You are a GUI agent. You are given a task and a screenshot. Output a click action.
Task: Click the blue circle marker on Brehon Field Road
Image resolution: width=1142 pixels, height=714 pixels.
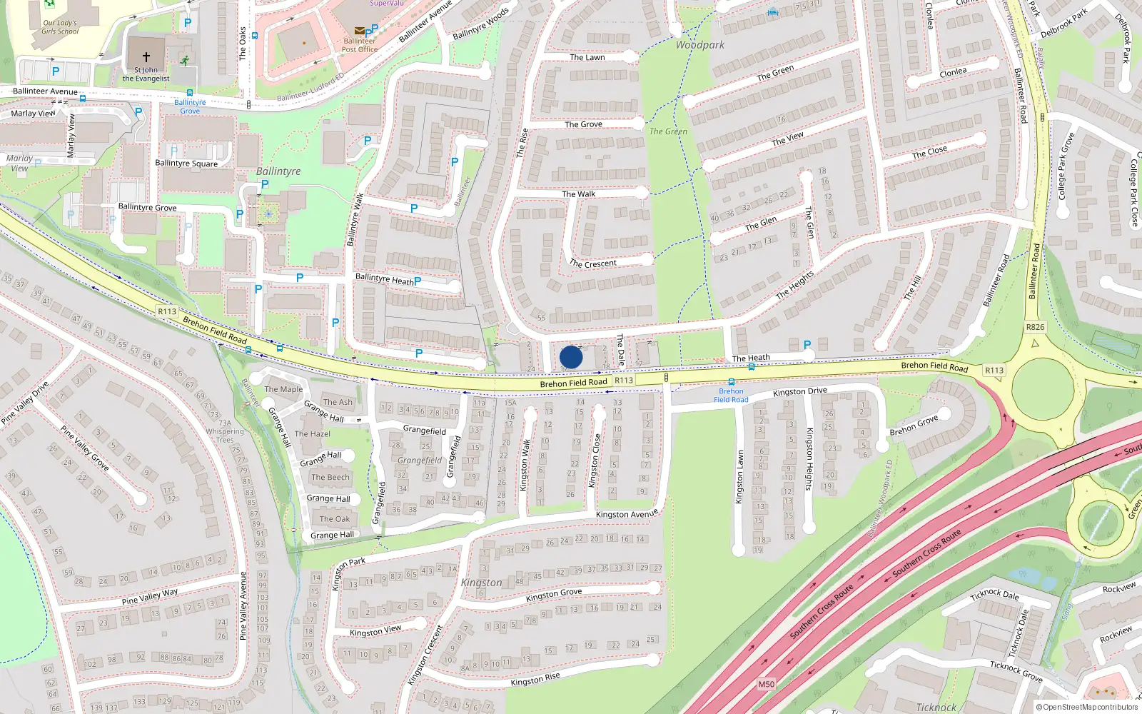571,357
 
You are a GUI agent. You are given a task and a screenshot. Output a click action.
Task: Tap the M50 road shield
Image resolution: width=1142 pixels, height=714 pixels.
766,684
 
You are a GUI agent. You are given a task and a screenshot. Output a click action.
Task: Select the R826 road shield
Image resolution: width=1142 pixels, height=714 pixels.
1035,327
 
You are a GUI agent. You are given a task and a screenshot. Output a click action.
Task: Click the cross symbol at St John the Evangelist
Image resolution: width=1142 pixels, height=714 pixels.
146,56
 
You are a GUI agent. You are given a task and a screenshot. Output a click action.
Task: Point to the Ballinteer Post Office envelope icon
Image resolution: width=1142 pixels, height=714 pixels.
359,31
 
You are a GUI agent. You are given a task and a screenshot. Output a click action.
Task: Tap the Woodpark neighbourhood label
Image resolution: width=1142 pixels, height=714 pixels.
700,45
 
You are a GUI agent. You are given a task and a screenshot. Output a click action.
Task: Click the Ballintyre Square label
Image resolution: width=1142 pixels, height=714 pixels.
186,164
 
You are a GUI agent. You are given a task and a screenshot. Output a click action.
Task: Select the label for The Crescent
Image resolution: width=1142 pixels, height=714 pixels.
592,263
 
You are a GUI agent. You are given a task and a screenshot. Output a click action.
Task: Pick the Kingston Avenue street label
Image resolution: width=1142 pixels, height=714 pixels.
627,514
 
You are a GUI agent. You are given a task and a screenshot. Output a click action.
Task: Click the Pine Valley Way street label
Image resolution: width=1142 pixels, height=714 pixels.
150,596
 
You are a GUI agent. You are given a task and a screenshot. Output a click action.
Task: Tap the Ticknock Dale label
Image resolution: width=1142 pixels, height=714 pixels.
994,595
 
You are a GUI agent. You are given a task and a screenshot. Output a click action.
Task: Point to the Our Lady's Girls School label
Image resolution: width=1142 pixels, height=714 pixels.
60,27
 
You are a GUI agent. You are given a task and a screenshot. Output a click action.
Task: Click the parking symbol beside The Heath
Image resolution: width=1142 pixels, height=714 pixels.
807,345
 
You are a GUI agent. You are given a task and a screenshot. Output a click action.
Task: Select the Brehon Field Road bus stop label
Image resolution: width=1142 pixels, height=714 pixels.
731,396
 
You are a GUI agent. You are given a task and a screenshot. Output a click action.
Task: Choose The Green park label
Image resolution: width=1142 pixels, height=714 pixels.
668,131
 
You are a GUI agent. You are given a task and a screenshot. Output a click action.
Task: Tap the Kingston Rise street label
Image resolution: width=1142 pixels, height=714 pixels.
535,679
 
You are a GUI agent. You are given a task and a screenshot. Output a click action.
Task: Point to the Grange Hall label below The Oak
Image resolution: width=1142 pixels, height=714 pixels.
332,535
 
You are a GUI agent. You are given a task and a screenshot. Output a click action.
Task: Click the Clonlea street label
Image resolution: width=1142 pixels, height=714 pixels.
953,73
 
